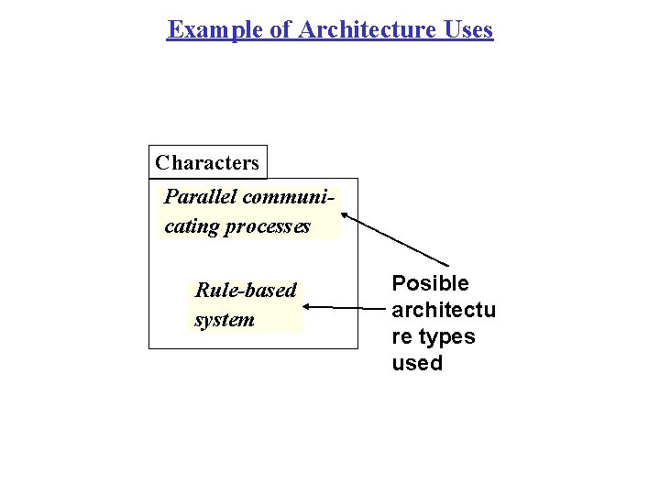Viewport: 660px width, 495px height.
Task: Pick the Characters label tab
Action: click(x=207, y=162)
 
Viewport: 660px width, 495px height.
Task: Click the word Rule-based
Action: click(x=246, y=291)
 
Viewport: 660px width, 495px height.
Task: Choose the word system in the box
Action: click(x=225, y=320)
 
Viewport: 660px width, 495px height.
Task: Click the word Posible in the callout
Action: click(x=430, y=283)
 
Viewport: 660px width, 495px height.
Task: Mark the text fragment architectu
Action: click(x=444, y=310)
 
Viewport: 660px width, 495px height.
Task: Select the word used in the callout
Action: click(x=417, y=363)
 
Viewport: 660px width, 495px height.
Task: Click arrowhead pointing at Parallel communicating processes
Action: click(x=346, y=216)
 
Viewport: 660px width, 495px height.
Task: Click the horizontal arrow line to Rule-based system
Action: click(x=344, y=308)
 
